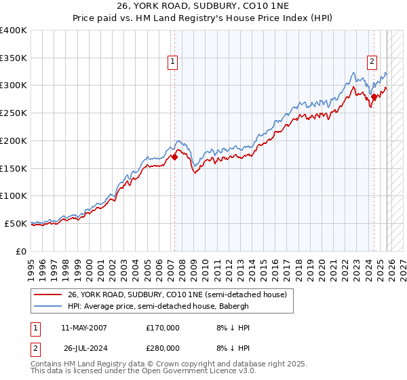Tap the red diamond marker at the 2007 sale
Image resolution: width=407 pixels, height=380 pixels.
click(174, 157)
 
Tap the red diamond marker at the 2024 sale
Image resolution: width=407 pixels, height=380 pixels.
click(374, 97)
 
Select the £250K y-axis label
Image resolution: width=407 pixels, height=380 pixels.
click(14, 113)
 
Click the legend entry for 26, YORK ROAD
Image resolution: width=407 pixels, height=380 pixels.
click(177, 294)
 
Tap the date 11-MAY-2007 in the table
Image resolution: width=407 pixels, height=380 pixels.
click(84, 328)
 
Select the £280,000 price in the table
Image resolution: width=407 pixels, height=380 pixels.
click(162, 348)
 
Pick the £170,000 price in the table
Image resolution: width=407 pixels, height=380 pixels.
click(162, 328)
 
